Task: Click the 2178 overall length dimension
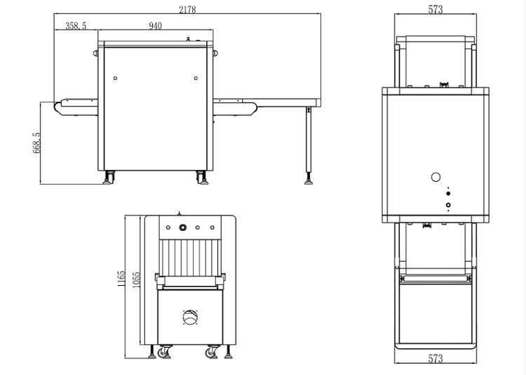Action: click(x=187, y=10)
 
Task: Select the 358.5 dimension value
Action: click(x=76, y=25)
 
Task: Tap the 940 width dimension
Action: click(x=155, y=26)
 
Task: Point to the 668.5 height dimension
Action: click(x=36, y=143)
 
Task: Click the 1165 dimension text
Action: click(x=121, y=279)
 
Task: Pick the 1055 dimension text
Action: click(x=135, y=280)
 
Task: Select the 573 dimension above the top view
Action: click(x=435, y=9)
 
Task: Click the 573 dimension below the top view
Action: click(x=435, y=359)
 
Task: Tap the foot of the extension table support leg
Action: click(x=309, y=183)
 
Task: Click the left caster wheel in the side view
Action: click(x=108, y=178)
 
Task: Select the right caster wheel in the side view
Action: click(x=201, y=178)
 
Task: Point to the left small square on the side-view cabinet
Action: click(x=116, y=78)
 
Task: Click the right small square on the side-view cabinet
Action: click(x=196, y=78)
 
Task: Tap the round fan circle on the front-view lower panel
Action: click(x=190, y=317)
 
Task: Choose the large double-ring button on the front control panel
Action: click(x=182, y=228)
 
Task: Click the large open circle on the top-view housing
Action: click(x=436, y=177)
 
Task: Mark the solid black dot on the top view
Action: click(x=448, y=194)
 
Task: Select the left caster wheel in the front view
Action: click(x=164, y=352)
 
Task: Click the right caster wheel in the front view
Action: click(x=212, y=352)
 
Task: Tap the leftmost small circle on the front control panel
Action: click(x=168, y=228)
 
